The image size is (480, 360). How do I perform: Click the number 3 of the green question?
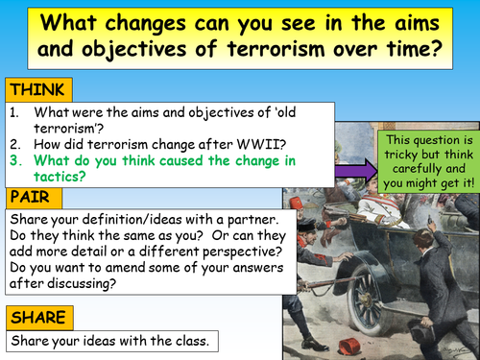13,157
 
